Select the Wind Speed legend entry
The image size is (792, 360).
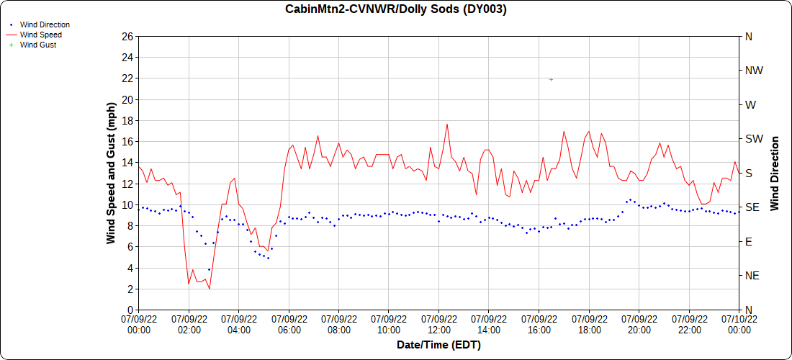(x=40, y=35)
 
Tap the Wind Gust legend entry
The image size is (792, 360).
(x=37, y=45)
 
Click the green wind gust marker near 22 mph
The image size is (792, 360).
(x=551, y=79)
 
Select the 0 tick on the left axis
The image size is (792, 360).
(x=130, y=310)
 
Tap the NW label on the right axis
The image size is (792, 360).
(x=754, y=71)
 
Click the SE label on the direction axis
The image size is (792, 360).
(x=752, y=207)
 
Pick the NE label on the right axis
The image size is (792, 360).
(x=752, y=276)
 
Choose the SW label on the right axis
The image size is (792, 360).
(x=754, y=139)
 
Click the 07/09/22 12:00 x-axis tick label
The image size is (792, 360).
(x=439, y=324)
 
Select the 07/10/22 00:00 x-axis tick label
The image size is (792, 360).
(x=739, y=324)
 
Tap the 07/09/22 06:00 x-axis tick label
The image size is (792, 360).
(x=289, y=324)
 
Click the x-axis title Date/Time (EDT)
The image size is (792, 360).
(x=438, y=345)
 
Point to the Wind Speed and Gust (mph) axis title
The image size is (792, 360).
(x=111, y=173)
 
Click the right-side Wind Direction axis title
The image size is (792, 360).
(x=775, y=173)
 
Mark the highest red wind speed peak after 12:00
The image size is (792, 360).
(x=446, y=124)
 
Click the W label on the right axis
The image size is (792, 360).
(x=750, y=104)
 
